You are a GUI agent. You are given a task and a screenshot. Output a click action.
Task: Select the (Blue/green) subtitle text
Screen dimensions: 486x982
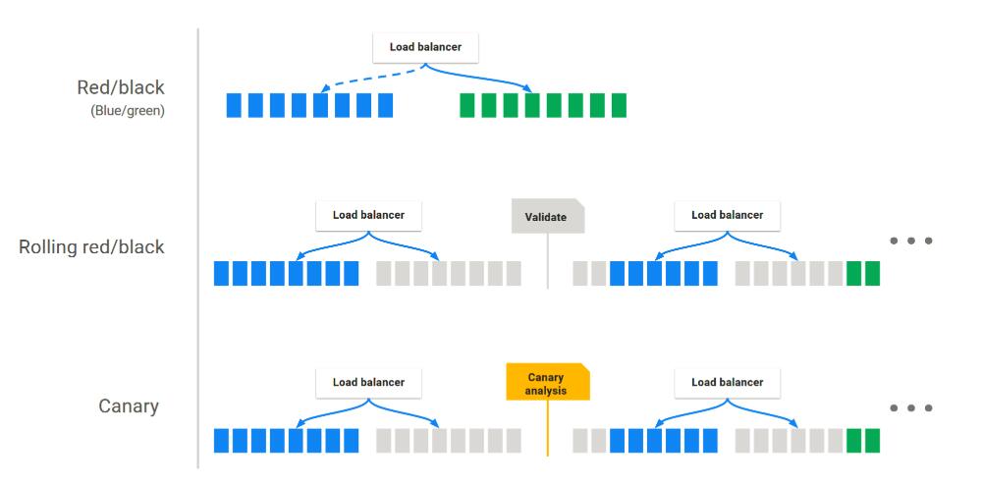(127, 111)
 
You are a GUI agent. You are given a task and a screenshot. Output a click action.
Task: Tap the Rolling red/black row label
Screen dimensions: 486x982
(92, 246)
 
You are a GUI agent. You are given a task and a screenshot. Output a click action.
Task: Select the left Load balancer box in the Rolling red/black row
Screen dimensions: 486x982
(368, 215)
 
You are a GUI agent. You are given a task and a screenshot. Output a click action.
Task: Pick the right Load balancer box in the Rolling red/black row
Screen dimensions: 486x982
(728, 215)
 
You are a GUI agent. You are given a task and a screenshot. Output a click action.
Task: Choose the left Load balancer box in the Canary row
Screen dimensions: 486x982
(368, 382)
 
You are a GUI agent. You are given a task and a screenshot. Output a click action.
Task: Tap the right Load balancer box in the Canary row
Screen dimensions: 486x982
(728, 382)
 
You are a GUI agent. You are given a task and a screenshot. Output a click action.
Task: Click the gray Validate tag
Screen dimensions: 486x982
(547, 217)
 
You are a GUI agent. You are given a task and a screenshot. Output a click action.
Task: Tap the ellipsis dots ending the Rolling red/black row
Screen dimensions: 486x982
(909, 242)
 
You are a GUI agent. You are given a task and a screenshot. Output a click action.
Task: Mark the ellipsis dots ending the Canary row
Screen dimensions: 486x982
(909, 407)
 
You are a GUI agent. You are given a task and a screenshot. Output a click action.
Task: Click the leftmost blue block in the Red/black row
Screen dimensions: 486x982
(233, 106)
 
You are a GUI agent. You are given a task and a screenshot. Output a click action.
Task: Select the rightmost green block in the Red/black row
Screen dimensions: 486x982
(619, 106)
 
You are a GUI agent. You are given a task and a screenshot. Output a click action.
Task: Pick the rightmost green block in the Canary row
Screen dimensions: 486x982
(872, 441)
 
